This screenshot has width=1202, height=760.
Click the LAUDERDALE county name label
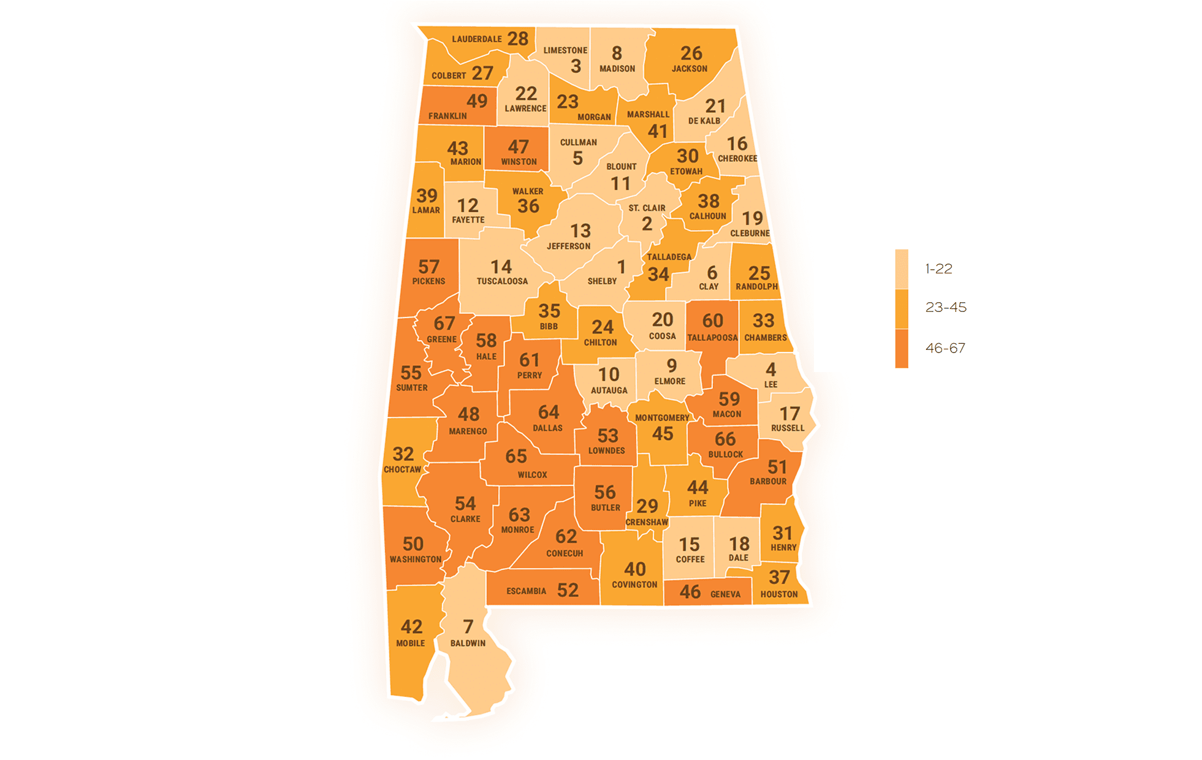pyautogui.click(x=476, y=39)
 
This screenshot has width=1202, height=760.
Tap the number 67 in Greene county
pyautogui.click(x=444, y=323)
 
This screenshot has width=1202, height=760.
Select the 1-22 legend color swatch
pyautogui.click(x=901, y=268)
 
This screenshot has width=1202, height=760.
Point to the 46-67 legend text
pyautogui.click(x=945, y=348)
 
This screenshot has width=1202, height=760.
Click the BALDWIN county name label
pyautogui.click(x=468, y=643)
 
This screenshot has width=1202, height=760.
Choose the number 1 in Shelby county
pyautogui.click(x=621, y=267)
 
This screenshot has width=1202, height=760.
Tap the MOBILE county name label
pyautogui.click(x=410, y=643)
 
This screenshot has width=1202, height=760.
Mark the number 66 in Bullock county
pyautogui.click(x=725, y=439)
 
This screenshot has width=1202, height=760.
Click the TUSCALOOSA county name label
pyautogui.click(x=502, y=281)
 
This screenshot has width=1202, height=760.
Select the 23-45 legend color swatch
pyautogui.click(x=901, y=308)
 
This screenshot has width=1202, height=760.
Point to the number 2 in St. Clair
pyautogui.click(x=647, y=224)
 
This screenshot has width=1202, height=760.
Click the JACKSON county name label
pyautogui.click(x=689, y=69)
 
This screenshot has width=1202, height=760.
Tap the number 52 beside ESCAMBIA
pyautogui.click(x=568, y=590)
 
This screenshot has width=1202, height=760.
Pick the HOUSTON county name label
pyautogui.click(x=778, y=594)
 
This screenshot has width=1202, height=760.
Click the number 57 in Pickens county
pyautogui.click(x=428, y=267)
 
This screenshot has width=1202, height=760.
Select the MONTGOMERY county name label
pyautogui.click(x=662, y=418)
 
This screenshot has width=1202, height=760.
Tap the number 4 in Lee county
pyautogui.click(x=770, y=370)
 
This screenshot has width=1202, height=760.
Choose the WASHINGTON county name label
pyautogui.click(x=415, y=559)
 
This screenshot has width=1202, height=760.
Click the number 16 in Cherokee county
pyautogui.click(x=737, y=143)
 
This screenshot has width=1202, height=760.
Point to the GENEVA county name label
pyautogui.click(x=725, y=594)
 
